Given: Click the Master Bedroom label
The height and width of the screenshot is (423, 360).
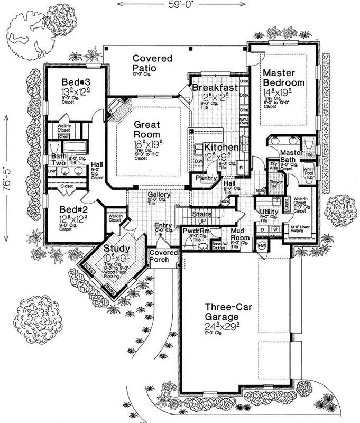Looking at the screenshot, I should click(284, 78).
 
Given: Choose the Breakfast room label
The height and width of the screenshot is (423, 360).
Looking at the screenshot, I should click(214, 88).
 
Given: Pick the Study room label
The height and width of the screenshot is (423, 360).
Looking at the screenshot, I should click(117, 248).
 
